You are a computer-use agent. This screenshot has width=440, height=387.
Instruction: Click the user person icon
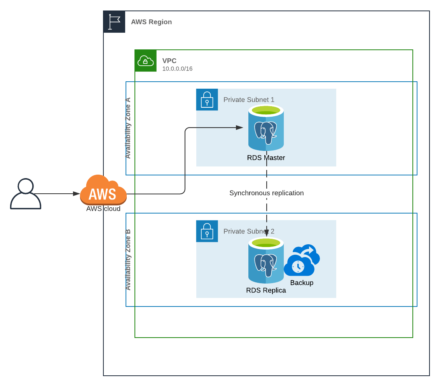point(26,194)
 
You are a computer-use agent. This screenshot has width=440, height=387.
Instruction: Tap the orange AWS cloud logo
point(103,190)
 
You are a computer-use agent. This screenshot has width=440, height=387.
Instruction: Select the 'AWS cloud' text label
point(103,209)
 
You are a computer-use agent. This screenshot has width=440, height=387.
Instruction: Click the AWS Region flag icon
point(114,22)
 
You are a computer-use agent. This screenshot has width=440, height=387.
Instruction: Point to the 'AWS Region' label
point(152,22)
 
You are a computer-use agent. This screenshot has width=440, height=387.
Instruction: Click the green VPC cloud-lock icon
point(145,61)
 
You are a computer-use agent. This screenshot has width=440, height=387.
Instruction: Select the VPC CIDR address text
point(178,69)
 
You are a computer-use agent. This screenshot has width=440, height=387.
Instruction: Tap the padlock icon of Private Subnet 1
point(207,100)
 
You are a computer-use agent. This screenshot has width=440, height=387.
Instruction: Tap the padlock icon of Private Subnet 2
point(207,231)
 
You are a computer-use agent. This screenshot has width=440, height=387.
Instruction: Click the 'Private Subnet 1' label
point(249,100)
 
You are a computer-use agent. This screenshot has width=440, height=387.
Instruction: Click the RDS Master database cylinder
point(266,128)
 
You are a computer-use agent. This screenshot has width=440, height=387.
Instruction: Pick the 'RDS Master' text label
point(266,158)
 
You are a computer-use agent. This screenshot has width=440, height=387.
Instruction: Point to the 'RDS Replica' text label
point(266,291)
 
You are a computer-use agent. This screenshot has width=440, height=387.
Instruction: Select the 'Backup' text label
point(302,283)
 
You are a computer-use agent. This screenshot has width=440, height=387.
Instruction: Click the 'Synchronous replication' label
point(266,193)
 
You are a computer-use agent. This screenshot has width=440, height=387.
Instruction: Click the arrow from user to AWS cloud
point(58,193)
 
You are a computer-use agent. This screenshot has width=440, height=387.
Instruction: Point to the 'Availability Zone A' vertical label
point(128,128)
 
